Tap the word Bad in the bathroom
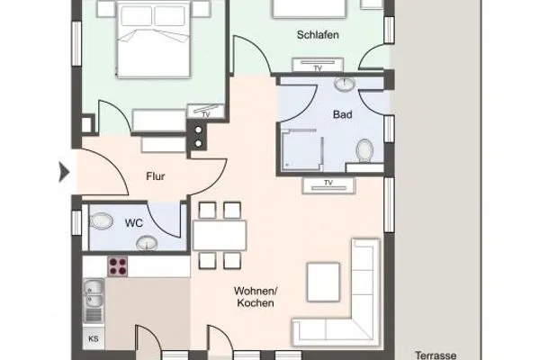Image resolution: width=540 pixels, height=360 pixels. coord(342,116)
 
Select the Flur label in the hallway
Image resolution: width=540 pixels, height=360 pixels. coord(156,176)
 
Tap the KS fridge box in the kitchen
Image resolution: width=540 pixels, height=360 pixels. coord(93,338)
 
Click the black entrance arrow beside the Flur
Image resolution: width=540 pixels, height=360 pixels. coord(64,171)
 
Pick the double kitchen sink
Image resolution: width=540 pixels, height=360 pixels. coord(94,296)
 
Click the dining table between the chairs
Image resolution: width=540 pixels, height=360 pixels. coord(220,235)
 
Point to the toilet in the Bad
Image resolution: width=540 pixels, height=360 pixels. coord(364,149)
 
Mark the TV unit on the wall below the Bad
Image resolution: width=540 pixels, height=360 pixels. coord(328,184)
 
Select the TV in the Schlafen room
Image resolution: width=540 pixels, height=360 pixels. coord(317,67)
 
